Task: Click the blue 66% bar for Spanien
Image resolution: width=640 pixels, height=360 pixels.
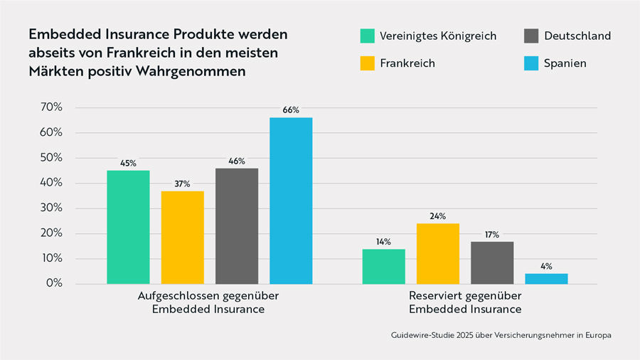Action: [290, 201]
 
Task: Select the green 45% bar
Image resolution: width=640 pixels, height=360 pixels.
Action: [128, 227]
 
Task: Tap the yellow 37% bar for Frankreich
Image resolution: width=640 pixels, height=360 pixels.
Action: [182, 237]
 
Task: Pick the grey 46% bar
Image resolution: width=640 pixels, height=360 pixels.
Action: [237, 226]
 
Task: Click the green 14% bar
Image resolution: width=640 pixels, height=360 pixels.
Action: [384, 266]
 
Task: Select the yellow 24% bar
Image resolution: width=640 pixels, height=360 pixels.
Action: [438, 253]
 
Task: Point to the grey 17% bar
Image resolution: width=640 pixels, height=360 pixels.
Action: [492, 263]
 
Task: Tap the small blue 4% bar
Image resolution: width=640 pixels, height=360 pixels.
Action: [546, 278]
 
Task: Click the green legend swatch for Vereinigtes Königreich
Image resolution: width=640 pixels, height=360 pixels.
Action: [367, 36]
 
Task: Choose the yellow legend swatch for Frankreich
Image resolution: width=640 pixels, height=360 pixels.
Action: [367, 63]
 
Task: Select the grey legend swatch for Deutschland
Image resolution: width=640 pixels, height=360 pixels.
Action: [531, 36]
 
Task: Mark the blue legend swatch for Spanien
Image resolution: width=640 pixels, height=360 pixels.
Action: [531, 63]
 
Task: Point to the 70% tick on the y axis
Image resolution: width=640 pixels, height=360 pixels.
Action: [52, 107]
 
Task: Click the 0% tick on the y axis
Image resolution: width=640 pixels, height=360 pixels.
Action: [55, 284]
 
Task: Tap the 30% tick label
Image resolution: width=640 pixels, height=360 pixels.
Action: [52, 208]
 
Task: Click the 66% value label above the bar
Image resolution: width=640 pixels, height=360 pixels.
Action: [290, 110]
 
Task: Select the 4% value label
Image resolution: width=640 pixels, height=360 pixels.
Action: [546, 266]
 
